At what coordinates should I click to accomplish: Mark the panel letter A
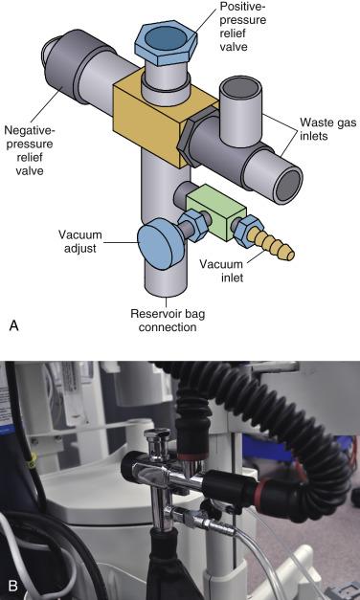13,326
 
